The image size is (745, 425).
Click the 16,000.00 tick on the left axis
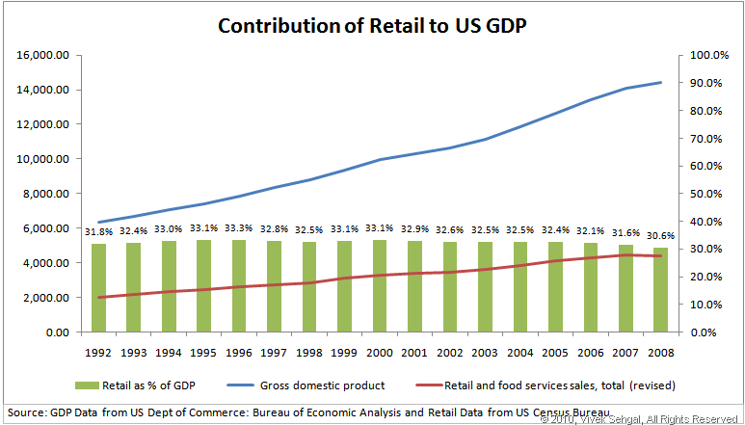tap(42, 56)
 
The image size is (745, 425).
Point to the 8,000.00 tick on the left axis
tap(45, 194)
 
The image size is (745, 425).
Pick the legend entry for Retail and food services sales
tap(559, 385)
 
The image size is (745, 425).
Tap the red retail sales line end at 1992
tap(99, 297)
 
